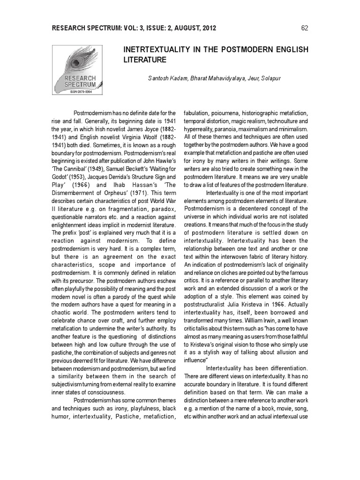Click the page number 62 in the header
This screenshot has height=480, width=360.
point(304,28)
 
